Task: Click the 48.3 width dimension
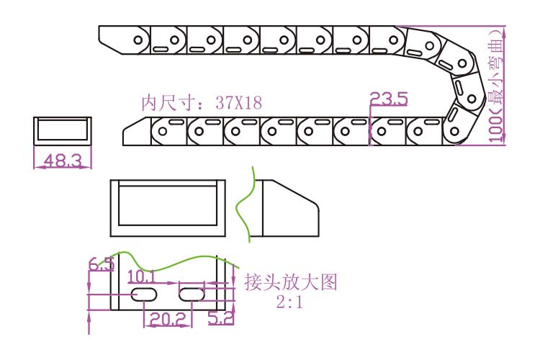point(62,161)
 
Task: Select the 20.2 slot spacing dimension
point(168,318)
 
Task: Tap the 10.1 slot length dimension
point(141,276)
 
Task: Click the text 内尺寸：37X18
point(201,102)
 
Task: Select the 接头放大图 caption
point(290,282)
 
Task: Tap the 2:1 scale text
point(290,302)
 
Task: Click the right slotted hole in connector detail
point(192,294)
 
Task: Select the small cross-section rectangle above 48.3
point(62,131)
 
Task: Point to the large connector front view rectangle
point(168,207)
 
